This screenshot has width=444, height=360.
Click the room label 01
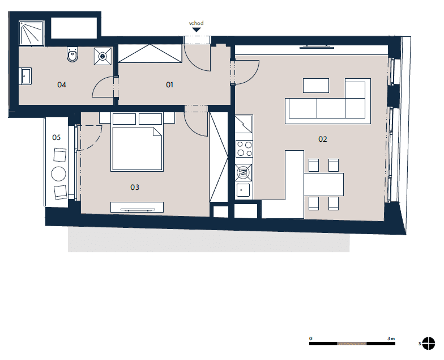169,84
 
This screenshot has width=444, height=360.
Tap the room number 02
323,139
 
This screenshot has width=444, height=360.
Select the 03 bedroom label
135,187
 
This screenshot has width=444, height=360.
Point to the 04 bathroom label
61,84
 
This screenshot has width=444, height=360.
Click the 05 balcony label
57,137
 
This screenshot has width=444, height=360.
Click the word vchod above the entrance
196,23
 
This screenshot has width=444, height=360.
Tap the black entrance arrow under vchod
196,29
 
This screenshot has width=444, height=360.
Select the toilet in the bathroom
72,54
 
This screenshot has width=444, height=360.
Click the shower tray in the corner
32,33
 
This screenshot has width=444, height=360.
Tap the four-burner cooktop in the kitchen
244,149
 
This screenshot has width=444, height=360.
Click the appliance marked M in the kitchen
244,172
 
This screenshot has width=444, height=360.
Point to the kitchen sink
244,190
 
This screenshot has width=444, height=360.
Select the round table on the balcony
59,173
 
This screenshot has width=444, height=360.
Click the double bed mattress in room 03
137,149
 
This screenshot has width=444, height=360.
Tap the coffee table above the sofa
316,85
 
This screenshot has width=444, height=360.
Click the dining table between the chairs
324,184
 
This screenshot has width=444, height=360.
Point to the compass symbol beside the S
428,344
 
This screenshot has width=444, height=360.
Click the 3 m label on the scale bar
391,338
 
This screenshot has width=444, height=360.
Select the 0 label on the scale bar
310,338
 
